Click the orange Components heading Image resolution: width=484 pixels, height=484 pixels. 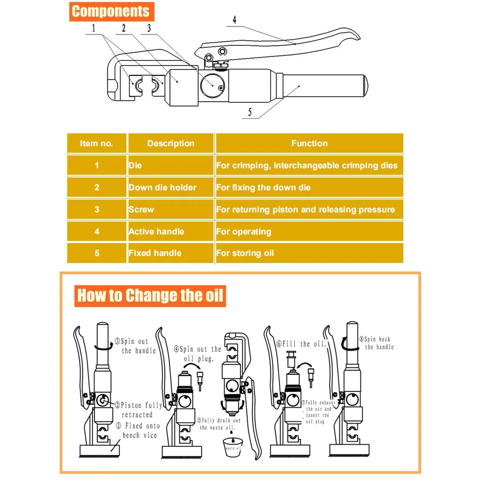click(x=111, y=11)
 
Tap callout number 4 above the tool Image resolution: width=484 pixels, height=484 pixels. click(x=234, y=20)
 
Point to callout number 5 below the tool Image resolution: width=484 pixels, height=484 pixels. click(x=250, y=113)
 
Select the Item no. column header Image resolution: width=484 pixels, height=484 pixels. click(x=97, y=144)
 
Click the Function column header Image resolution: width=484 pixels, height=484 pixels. click(x=309, y=144)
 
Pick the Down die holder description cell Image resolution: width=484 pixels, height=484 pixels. click(x=170, y=188)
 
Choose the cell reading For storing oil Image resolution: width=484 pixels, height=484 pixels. click(x=309, y=253)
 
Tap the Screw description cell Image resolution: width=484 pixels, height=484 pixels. click(x=170, y=210)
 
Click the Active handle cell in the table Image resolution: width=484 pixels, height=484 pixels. click(x=170, y=232)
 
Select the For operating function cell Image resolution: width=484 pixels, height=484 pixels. click(x=309, y=232)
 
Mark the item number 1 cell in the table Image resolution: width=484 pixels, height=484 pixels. click(x=97, y=166)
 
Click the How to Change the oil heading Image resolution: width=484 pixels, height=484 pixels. click(x=150, y=296)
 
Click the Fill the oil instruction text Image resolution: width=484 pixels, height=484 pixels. click(x=301, y=344)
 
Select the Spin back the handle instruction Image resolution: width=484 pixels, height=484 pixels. click(x=376, y=343)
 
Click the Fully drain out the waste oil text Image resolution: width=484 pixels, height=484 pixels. click(x=220, y=424)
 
